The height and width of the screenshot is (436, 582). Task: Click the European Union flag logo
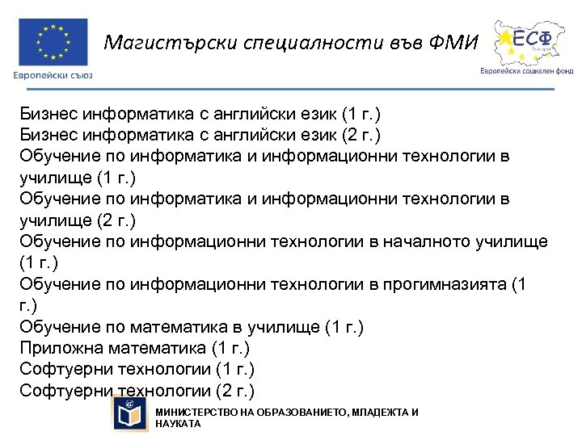(x=53, y=41)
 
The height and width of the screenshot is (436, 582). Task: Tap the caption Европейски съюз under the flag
(x=53, y=75)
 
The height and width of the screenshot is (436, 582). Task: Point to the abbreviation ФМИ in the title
(x=454, y=42)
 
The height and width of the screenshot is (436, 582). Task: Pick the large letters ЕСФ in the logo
(x=538, y=38)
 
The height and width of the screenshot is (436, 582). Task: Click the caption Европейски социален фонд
(x=526, y=70)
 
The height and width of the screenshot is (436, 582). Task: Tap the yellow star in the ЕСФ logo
(x=506, y=38)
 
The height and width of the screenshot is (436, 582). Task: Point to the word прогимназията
(x=444, y=284)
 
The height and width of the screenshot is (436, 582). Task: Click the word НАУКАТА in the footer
(x=178, y=424)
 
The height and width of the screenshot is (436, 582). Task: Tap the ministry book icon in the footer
(x=130, y=414)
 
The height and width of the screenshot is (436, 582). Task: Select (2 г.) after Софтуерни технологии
(x=235, y=392)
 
